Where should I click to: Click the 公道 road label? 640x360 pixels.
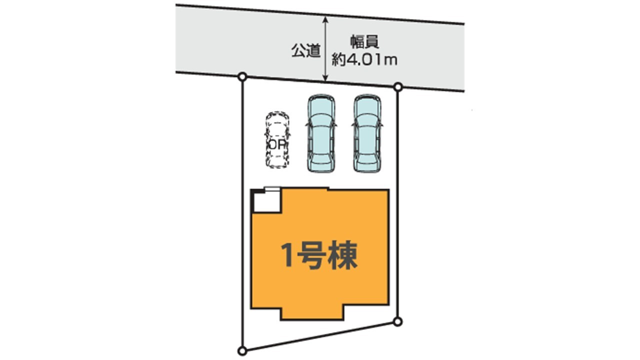coord(305,51)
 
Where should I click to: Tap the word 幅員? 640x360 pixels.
coord(365,42)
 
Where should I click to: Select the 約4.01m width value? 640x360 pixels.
coord(364,60)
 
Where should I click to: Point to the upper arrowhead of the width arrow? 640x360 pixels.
coord(325,19)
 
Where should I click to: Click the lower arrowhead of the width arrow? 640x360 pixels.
coord(325,78)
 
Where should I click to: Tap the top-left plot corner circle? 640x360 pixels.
coord(242,76)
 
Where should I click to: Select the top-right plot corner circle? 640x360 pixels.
coord(398,87)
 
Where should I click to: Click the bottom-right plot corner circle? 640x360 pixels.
coord(397,321)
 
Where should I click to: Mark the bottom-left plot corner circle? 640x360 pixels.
coord(242,350)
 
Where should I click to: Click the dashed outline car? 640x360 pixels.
coord(277,139)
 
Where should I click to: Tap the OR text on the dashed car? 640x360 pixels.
coord(277,145)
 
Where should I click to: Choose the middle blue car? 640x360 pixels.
coord(321,133)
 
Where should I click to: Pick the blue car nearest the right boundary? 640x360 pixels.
coord(367,133)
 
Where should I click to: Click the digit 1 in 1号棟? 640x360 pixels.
coord(287,255)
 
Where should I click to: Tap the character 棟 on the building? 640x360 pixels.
coord(342,255)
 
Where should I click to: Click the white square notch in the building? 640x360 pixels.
coord(267,201)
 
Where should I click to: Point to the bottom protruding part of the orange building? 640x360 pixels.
coord(312,313)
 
